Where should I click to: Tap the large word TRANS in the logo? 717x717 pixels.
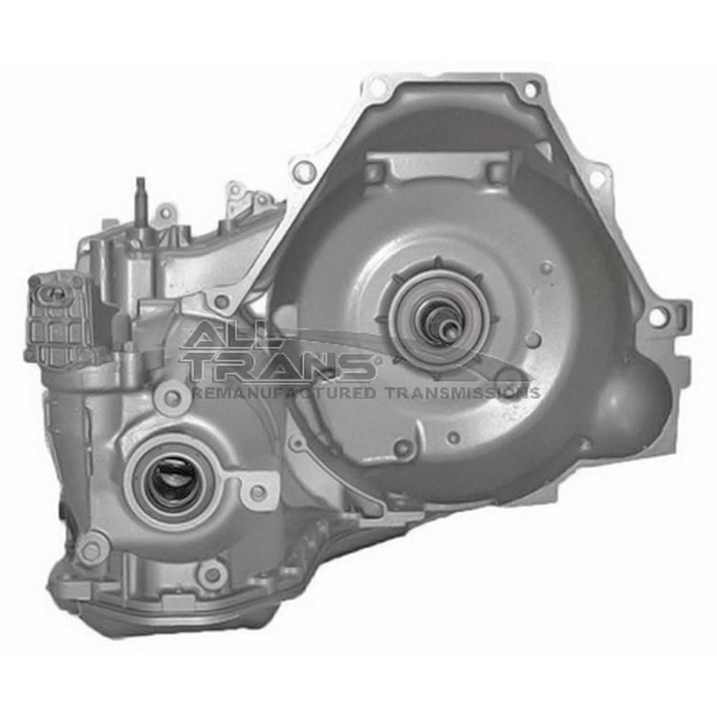point(282,366)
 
